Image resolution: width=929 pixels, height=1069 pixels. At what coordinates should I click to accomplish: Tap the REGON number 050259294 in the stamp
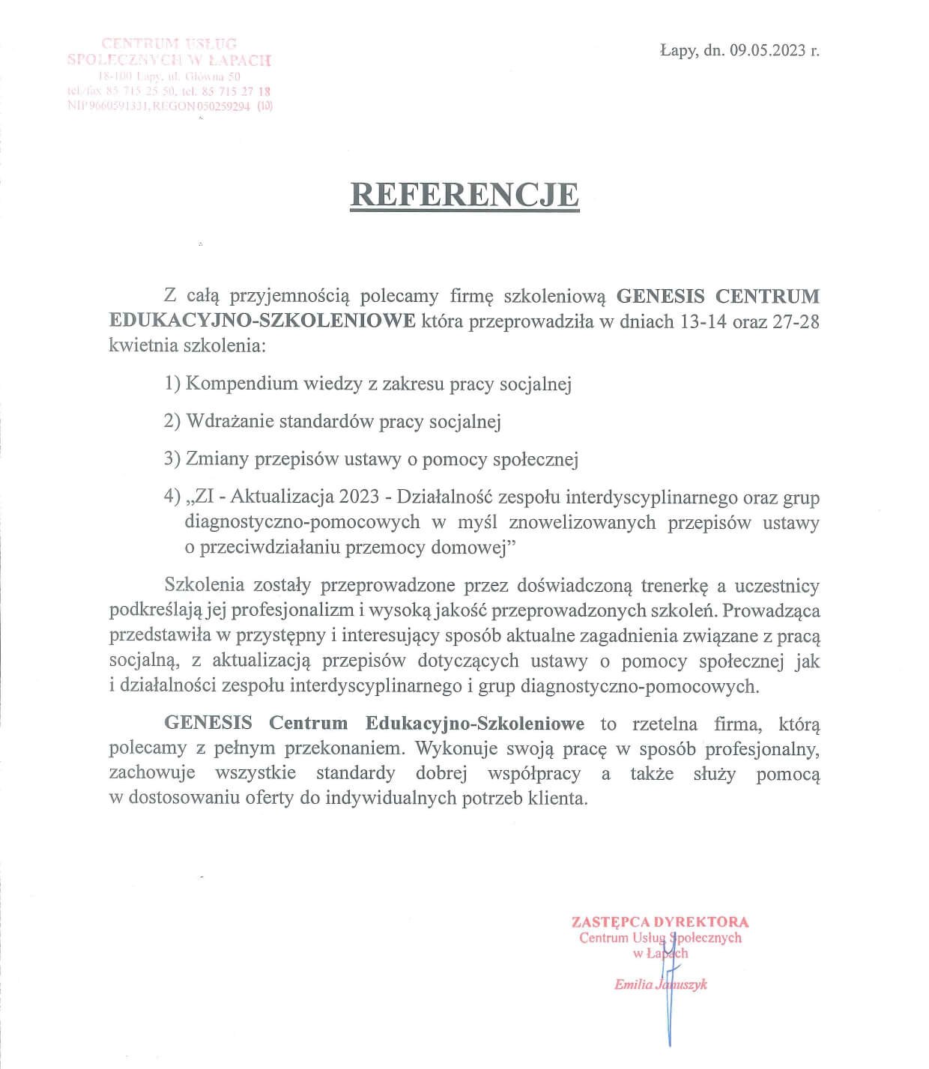(223, 106)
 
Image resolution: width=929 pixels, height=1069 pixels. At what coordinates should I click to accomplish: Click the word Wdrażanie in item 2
(230, 421)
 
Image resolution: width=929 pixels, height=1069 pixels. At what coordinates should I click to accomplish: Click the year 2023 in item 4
(359, 497)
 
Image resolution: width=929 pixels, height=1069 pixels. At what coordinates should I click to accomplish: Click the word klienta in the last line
(557, 798)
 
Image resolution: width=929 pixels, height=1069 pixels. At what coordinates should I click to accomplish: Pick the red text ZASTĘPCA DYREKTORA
(659, 922)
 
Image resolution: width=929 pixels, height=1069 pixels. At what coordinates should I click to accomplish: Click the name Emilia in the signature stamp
(632, 985)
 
